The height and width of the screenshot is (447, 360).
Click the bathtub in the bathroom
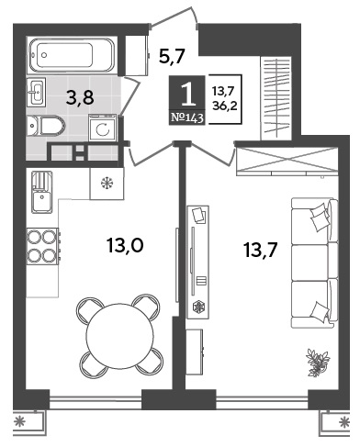point(72,55)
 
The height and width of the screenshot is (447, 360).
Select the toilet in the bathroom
point(46,126)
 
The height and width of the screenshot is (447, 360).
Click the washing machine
point(103,128)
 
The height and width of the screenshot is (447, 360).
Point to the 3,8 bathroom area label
point(81,98)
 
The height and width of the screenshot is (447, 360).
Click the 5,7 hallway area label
point(172,56)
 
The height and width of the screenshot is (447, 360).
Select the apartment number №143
point(187,117)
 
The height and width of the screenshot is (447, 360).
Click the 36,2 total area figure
point(225,106)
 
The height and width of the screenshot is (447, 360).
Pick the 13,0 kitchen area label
point(125,245)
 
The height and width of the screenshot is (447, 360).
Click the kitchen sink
point(42,192)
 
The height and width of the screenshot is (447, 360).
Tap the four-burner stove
point(43,246)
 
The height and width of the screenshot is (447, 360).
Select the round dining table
point(119,335)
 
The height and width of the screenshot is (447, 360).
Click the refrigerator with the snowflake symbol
point(107,184)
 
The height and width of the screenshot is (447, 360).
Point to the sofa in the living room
point(314,263)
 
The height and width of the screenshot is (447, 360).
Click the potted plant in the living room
point(318,363)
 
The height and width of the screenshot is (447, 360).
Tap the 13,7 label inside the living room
point(261,250)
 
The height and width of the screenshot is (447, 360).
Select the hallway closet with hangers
point(276,98)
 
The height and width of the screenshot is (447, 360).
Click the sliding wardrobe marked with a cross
point(287,161)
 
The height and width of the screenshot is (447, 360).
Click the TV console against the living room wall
point(197,263)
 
